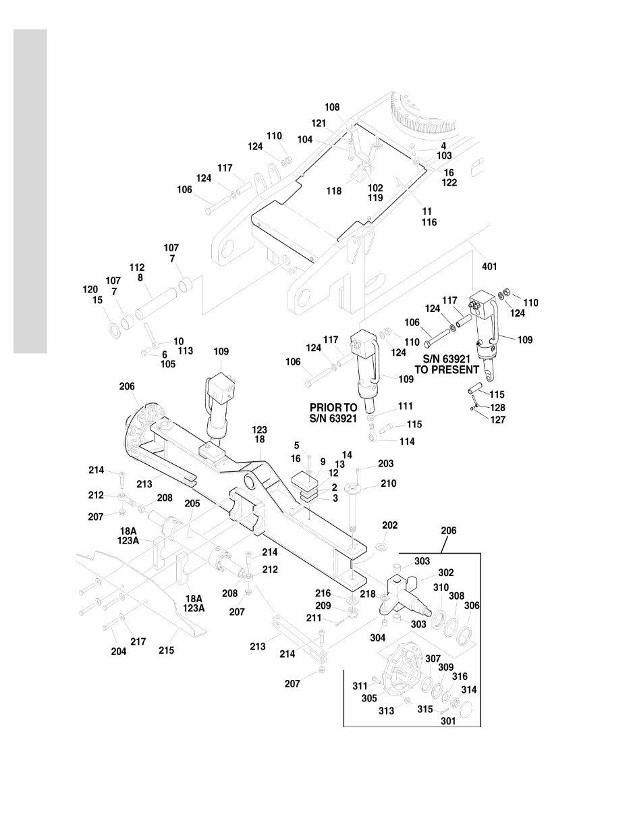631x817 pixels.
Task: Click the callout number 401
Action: point(489,267)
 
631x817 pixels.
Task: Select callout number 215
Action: point(166,651)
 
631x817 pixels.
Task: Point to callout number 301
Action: point(448,720)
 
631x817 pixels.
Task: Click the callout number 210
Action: point(388,483)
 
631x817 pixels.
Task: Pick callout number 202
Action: point(389,525)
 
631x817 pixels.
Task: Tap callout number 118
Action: point(333,191)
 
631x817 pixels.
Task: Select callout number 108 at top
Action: point(332,107)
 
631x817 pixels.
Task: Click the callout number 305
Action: point(371,699)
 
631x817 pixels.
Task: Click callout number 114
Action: point(407,441)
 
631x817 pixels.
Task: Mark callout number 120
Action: point(90,289)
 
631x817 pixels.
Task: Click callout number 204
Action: point(119,651)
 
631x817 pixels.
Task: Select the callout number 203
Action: point(385,464)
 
